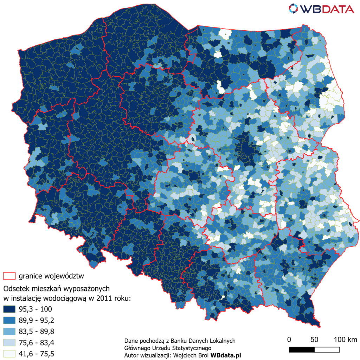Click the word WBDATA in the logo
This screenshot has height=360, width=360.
pos(328,9)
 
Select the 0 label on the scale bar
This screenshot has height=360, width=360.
pos(289,340)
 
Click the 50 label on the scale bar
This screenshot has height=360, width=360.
pos(314,340)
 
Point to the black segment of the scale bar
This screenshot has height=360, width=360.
pos(302,349)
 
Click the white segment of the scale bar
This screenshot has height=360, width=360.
pos(327,349)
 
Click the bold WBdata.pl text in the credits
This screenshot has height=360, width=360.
pos(226,355)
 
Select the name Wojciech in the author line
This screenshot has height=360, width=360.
pos(184,355)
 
